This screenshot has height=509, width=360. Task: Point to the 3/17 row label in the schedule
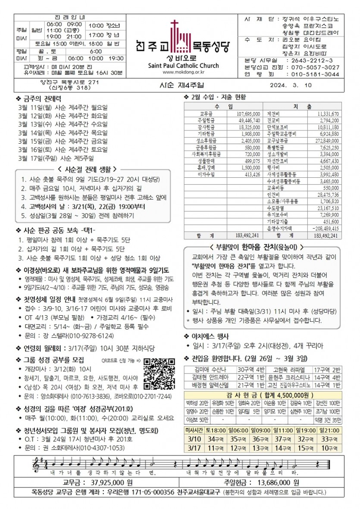click(x=194, y=448)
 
